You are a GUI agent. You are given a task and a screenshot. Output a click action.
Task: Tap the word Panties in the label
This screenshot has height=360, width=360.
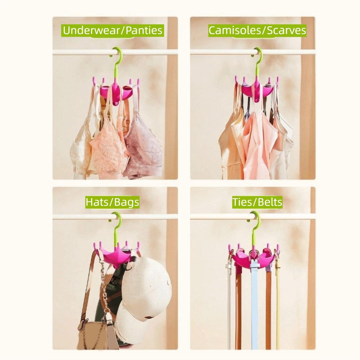144,30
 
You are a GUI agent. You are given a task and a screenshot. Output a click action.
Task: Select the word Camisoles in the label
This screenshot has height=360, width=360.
236,30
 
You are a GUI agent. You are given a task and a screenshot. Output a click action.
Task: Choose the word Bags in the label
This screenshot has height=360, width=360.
126,202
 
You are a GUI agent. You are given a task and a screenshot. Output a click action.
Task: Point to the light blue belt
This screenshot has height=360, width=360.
255,306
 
